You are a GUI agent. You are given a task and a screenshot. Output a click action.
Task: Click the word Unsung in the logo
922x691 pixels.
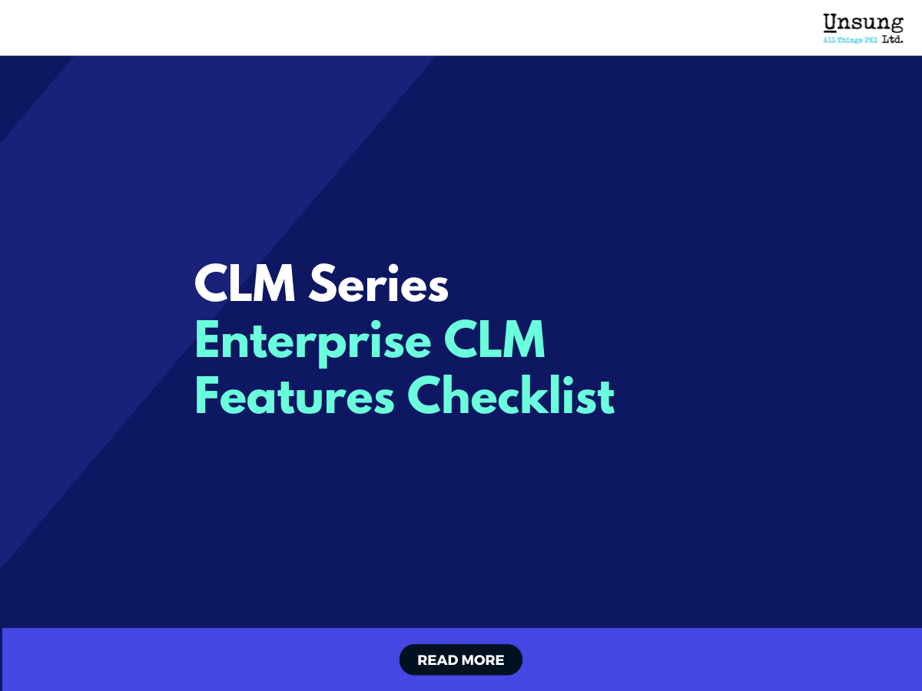[x=863, y=23]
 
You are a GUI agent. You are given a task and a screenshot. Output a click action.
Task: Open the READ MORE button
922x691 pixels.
[x=461, y=660]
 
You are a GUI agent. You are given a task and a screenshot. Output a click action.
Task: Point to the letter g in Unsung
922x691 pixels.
[x=895, y=25]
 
